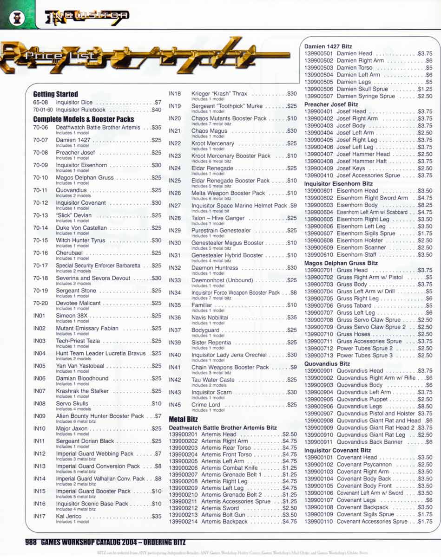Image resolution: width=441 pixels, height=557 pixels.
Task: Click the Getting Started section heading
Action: [55, 94]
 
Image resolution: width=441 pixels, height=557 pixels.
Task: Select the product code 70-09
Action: [40, 165]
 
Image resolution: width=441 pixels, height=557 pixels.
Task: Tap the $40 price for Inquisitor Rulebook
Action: [156, 110]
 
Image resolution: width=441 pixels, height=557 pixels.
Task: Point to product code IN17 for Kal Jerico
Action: [39, 516]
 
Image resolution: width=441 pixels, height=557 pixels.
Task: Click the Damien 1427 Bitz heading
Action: [328, 46]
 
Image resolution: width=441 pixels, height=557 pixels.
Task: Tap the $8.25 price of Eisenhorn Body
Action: [425, 205]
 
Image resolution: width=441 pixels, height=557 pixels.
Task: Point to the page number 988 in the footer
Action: [31, 542]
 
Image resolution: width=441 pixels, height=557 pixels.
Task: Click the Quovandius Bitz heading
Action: [327, 363]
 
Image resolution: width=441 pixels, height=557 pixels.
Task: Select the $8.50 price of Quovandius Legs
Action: [425, 406]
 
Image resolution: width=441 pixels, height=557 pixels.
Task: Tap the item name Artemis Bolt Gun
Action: [223, 515]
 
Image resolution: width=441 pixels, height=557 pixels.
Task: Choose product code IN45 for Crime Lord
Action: [175, 405]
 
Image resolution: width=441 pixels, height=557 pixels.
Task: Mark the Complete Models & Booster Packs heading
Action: [84, 119]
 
